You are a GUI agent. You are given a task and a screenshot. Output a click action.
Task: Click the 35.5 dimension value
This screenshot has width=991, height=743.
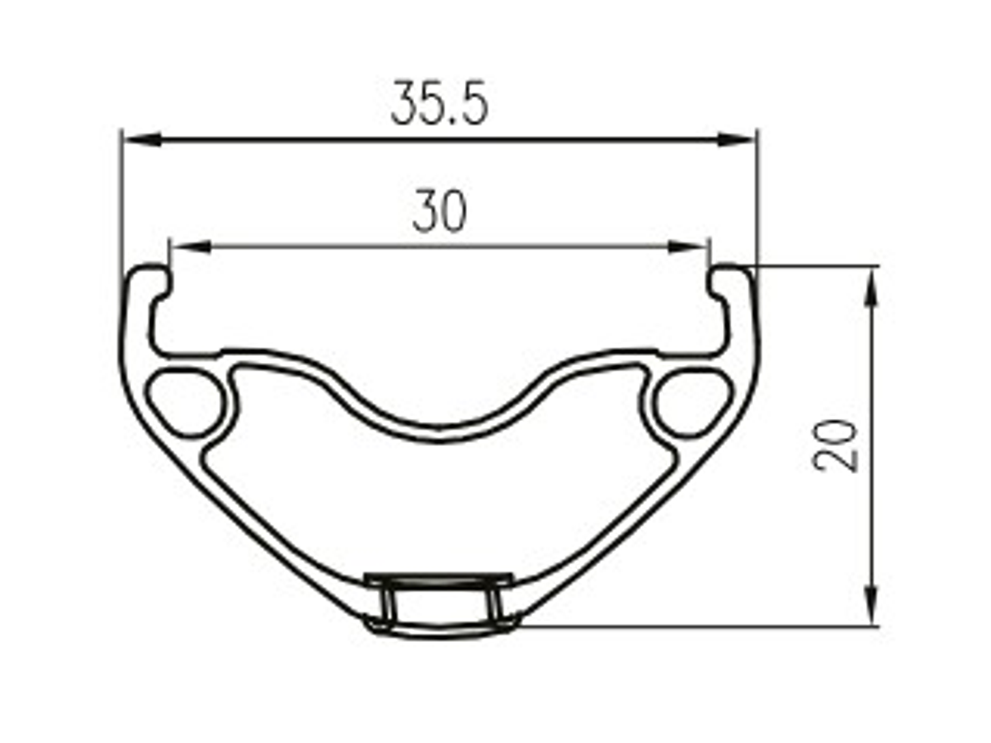[x=439, y=103]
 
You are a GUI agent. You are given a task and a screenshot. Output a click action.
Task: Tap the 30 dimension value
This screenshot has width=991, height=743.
[x=439, y=211]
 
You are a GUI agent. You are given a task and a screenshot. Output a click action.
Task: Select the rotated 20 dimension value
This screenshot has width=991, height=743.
[x=835, y=446]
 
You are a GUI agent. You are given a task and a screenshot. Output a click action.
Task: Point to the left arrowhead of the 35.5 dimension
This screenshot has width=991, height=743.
[x=141, y=139]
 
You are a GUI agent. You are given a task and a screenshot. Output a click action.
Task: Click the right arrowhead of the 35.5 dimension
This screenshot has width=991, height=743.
[x=736, y=139]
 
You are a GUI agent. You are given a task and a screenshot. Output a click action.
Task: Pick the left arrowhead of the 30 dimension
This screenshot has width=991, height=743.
[x=190, y=247]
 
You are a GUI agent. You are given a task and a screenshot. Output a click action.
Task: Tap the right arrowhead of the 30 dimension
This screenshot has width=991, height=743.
[x=687, y=247]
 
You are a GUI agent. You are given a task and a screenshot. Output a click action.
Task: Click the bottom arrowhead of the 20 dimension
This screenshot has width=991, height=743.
[x=873, y=605]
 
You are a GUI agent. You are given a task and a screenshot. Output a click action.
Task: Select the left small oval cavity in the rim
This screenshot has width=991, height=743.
[x=186, y=403]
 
